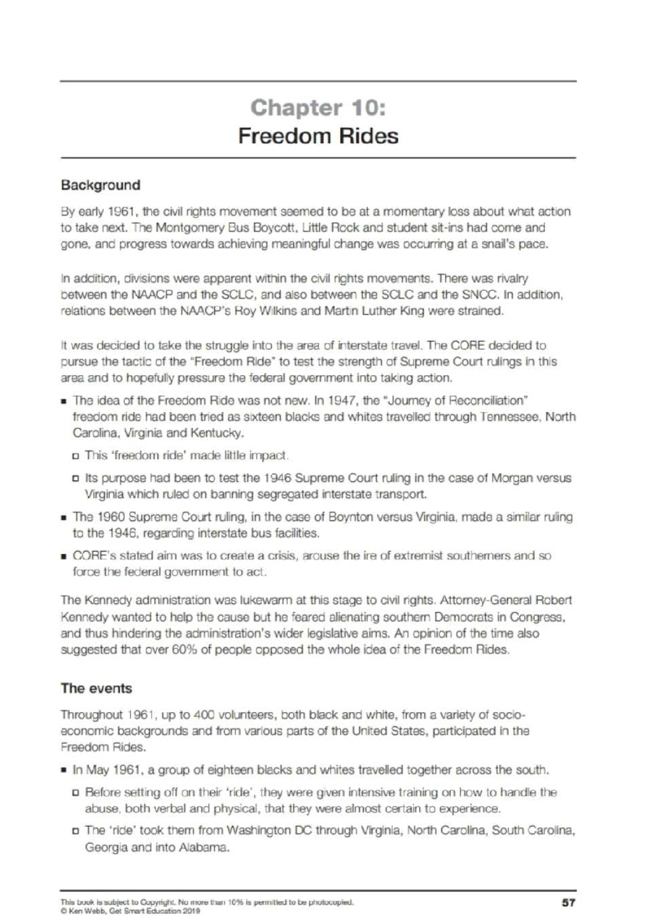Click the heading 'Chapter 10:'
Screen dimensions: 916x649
pos(318,108)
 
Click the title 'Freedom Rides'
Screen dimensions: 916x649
pos(318,136)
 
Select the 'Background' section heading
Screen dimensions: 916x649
pos(101,185)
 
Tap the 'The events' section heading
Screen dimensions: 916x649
pos(96,688)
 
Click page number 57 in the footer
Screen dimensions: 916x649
pos(568,902)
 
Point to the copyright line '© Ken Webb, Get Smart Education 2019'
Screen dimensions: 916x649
pos(130,911)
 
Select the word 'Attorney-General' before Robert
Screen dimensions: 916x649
pos(486,600)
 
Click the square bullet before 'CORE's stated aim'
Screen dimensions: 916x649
pos(64,556)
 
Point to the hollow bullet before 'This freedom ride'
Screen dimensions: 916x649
pos(76,456)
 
